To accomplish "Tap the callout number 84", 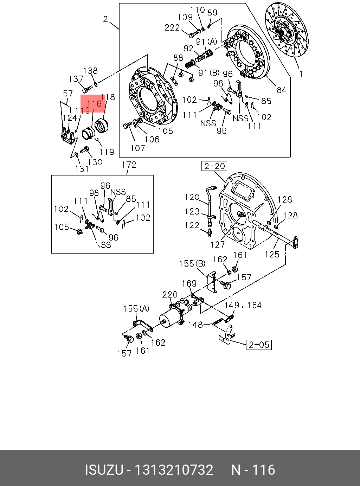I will [281, 90].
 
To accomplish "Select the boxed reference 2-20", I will [214, 166].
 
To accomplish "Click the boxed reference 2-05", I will [259, 345].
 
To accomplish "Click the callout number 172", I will [129, 165].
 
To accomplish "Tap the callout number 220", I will [170, 294].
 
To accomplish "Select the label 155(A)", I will [136, 308].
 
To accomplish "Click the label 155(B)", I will [192, 263].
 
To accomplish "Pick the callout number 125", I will [272, 254].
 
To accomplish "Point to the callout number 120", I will [192, 197].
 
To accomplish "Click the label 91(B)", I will [209, 73].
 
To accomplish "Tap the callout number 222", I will [172, 27].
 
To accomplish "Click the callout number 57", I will [67, 94].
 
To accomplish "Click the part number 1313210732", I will [174, 470].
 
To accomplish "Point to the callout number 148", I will [195, 325].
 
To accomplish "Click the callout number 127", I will [218, 244].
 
